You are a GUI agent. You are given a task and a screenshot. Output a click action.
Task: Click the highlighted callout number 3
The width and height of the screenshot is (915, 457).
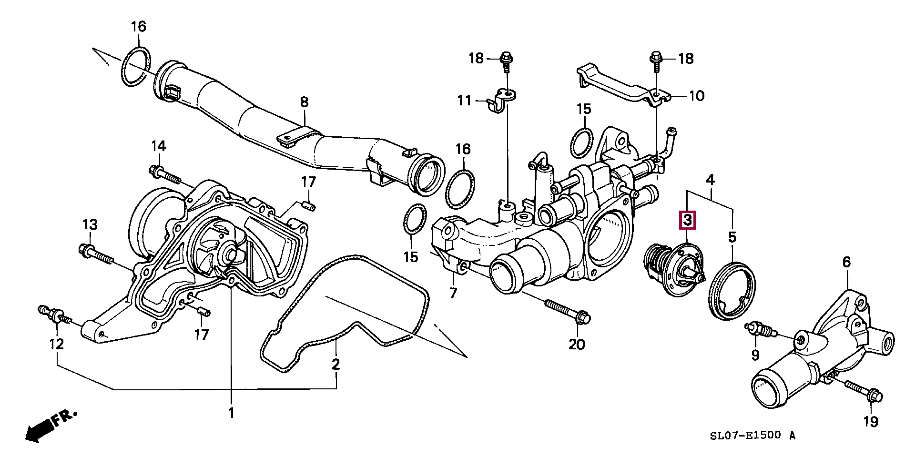coord(687,220)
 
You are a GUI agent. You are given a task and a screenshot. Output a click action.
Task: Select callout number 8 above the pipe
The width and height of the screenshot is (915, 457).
coord(304,102)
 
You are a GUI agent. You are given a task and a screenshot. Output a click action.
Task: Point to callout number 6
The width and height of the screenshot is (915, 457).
coord(846,262)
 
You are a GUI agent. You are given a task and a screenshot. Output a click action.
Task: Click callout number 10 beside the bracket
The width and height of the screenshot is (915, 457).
coord(696,96)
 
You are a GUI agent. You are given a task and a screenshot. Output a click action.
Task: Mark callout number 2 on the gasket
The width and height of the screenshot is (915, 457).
coord(336,365)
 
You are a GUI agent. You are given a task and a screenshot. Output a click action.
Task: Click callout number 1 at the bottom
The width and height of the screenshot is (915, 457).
coord(232,413)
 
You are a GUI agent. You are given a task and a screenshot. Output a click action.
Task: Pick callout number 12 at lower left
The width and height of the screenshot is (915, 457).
coord(57,343)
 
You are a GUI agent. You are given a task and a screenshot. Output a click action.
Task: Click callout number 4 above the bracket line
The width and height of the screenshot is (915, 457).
coord(710,180)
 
